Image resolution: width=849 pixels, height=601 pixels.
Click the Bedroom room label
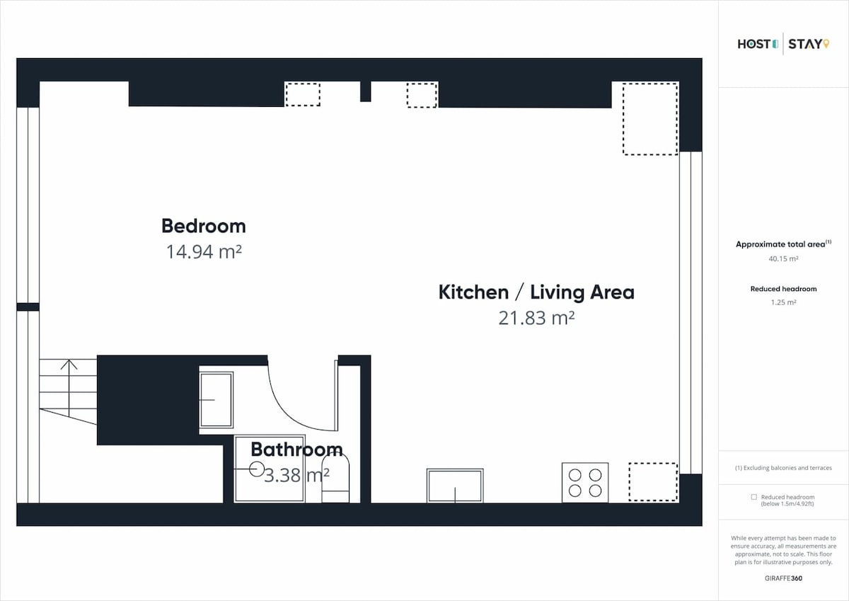204,226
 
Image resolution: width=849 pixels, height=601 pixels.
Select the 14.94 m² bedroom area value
204,251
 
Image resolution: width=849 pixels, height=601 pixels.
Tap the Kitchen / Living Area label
536,292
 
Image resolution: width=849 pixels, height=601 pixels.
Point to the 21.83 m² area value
536,318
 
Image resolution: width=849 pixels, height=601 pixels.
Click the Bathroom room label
296,450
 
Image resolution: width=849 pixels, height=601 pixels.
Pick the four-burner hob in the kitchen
585,483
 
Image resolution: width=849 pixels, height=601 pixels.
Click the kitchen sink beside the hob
455,486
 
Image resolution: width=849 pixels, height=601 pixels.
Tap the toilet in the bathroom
335,479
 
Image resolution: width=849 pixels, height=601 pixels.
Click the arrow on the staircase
69,389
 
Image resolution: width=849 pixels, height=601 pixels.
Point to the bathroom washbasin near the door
216,400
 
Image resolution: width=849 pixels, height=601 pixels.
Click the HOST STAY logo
783,44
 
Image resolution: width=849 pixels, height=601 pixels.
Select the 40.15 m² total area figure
783,258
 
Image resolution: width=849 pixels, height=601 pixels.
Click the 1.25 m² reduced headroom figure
783,302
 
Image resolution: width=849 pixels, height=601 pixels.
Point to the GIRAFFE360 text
783,578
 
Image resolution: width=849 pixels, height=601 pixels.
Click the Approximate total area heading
783,244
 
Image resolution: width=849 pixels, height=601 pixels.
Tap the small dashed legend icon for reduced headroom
754,497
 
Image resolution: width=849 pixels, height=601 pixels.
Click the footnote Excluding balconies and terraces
783,468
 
